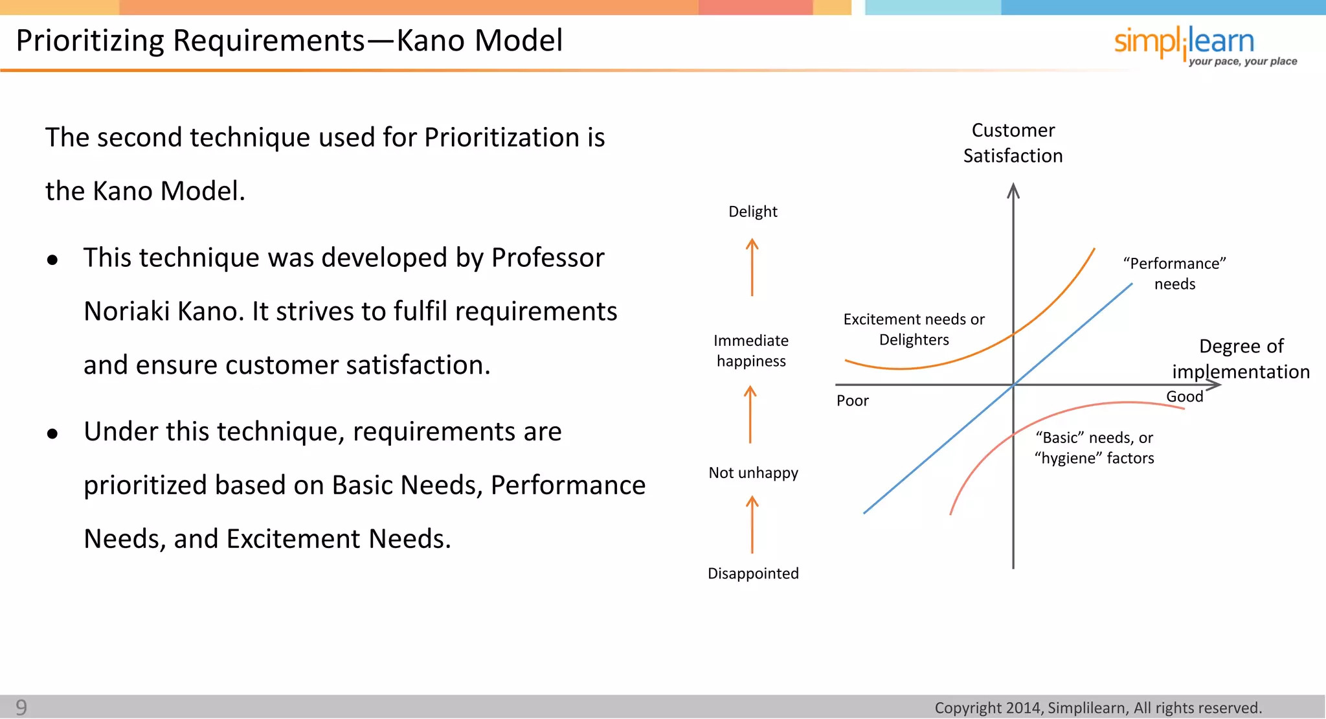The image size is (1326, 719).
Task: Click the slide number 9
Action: click(x=21, y=707)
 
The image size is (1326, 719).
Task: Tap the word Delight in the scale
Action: click(x=752, y=212)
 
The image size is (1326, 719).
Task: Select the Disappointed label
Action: click(x=753, y=573)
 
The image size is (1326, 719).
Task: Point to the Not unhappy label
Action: click(x=753, y=473)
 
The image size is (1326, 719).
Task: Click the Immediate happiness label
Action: click(x=751, y=350)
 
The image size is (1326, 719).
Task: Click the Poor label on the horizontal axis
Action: click(x=852, y=401)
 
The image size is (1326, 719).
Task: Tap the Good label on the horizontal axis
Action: click(x=1184, y=396)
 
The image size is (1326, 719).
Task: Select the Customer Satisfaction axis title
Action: click(x=1013, y=143)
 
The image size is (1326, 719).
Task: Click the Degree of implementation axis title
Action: click(x=1241, y=359)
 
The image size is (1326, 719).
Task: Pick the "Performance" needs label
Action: click(x=1174, y=273)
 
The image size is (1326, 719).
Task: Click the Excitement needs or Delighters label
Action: click(x=914, y=329)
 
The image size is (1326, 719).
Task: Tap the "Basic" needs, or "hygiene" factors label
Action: click(x=1094, y=448)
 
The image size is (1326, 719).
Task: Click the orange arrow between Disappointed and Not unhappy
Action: click(x=752, y=525)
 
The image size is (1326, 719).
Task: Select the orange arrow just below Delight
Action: click(x=752, y=267)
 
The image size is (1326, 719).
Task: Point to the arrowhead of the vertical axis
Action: click(x=1013, y=190)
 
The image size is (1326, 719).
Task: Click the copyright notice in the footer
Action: click(x=1098, y=707)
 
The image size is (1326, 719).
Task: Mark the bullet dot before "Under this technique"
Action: click(x=52, y=433)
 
